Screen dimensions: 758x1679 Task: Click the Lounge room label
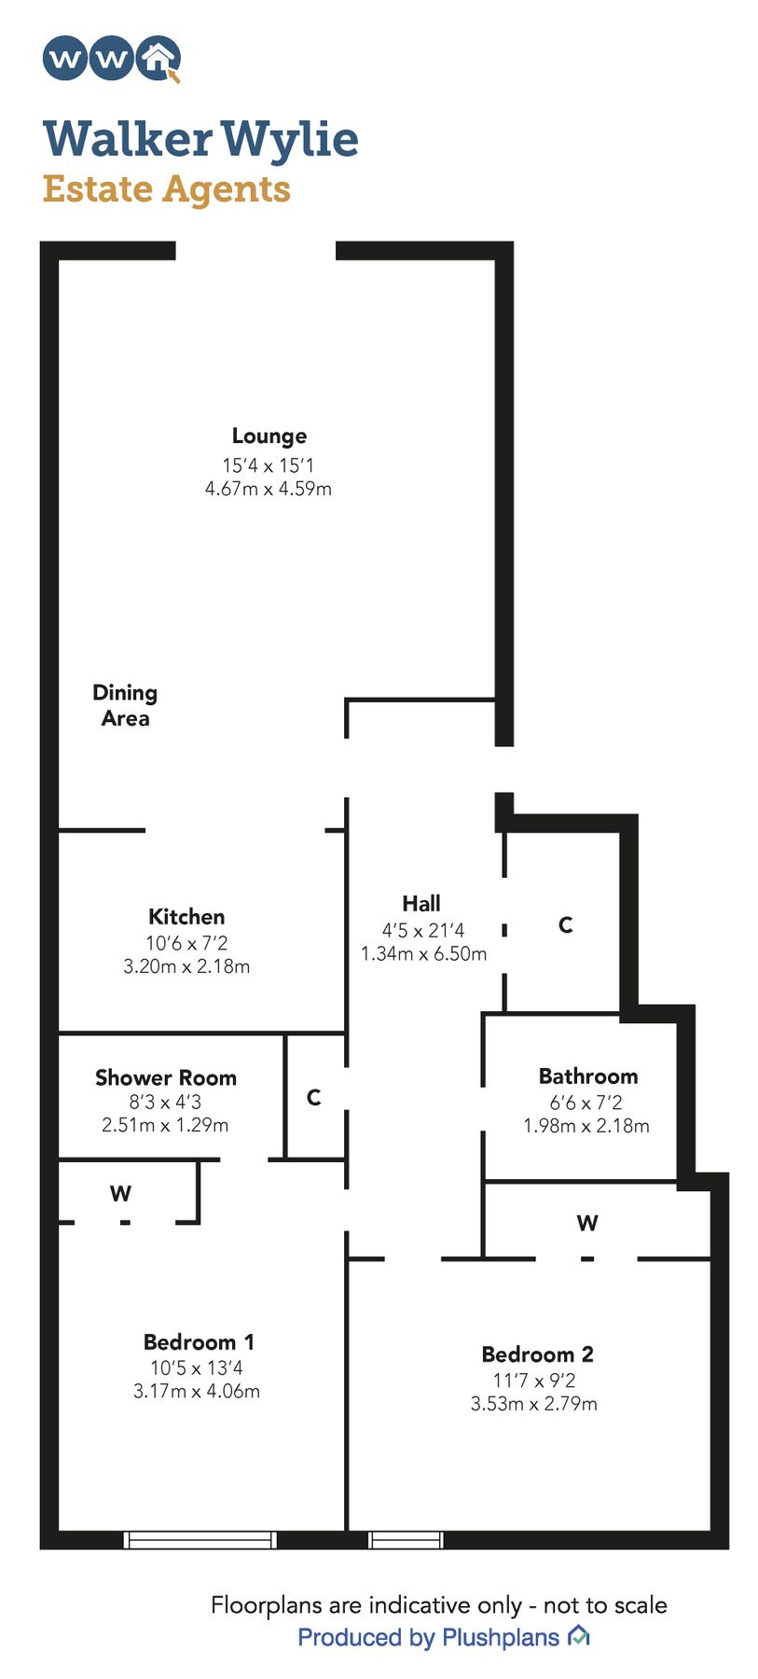coord(269,437)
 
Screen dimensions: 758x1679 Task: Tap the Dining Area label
coord(125,705)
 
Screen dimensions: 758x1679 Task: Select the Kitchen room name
coord(186,917)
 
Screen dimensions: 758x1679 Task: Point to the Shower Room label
coord(166,1077)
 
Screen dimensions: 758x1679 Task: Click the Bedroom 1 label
coord(199,1342)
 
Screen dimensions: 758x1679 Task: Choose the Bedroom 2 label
coord(537,1354)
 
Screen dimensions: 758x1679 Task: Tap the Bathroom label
coord(588,1076)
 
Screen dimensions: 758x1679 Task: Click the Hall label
coord(421,904)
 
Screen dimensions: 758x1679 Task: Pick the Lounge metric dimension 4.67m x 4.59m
coord(269,489)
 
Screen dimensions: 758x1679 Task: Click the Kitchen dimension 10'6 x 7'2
coord(186,943)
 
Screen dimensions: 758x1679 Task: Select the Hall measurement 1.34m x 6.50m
coord(424,954)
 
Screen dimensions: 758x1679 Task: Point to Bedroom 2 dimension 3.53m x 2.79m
coord(534,1404)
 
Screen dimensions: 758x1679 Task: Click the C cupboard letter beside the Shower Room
coord(314,1098)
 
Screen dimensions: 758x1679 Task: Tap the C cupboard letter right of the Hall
coord(565,925)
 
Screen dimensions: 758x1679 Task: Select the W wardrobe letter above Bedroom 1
coord(120,1194)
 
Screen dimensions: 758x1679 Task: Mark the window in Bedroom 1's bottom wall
coord(200,1540)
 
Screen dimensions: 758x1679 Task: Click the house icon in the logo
coord(158,59)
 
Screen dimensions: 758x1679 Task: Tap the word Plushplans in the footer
coord(501,1637)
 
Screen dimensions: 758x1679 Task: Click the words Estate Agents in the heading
coord(167,188)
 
